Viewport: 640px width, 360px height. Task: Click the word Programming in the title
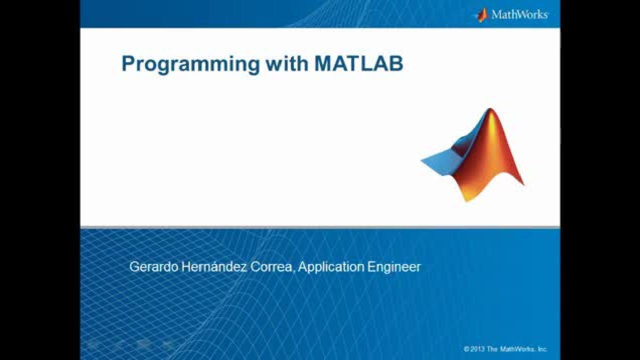[190, 64]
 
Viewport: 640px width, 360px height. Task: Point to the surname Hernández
[214, 267]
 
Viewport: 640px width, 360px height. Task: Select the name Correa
[271, 267]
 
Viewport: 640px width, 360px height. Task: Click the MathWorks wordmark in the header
[519, 14]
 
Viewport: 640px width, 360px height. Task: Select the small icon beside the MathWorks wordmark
[482, 15]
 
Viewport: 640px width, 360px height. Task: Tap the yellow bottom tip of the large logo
[467, 199]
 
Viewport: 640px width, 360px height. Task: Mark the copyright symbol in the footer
[466, 349]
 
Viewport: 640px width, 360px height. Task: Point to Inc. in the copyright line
[542, 349]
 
